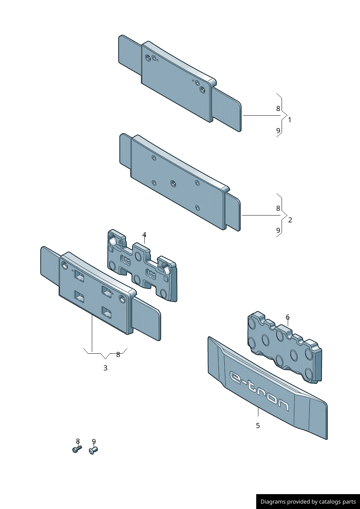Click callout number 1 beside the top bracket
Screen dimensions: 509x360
tap(290, 120)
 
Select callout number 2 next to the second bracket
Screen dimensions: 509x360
tap(290, 220)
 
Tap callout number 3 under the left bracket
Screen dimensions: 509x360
tap(105, 368)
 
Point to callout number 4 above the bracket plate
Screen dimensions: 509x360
tap(144, 235)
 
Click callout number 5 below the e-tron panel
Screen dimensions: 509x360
tap(258, 426)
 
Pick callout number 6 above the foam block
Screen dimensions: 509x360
tap(287, 317)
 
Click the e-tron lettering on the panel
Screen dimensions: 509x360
tap(259, 390)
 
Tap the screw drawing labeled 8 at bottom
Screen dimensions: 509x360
tap(77, 450)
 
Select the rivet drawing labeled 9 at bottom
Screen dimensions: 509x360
tap(93, 451)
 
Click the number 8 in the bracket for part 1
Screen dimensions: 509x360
tap(278, 108)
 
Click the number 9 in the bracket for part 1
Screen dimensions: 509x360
tap(278, 131)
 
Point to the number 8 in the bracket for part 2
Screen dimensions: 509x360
tap(278, 208)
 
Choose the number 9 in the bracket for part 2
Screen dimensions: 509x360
tap(278, 230)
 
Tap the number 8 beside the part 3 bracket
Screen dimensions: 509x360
tap(118, 355)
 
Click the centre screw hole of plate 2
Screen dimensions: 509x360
tap(173, 183)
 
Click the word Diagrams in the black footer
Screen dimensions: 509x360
tap(273, 502)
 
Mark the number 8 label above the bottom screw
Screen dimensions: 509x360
tap(78, 441)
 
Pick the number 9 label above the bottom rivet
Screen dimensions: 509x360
tap(94, 442)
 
